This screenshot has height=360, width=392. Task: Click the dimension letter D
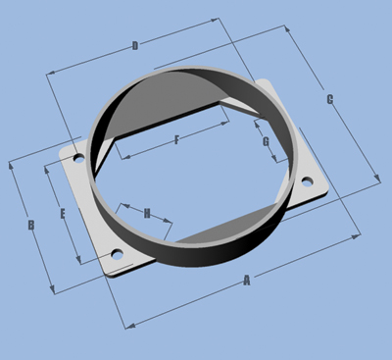coord(135,46)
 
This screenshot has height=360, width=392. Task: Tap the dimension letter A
coord(247,281)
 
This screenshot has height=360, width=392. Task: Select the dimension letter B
coord(31,226)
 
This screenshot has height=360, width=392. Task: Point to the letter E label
coord(63,214)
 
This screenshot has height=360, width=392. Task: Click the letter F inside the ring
coord(176,140)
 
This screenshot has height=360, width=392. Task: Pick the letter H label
coord(147,214)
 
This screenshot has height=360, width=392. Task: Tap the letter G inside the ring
coord(267,142)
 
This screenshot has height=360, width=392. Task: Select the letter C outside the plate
coord(330,99)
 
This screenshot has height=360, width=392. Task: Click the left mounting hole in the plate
coord(78,159)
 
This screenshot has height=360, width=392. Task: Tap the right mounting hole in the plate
coord(307,181)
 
